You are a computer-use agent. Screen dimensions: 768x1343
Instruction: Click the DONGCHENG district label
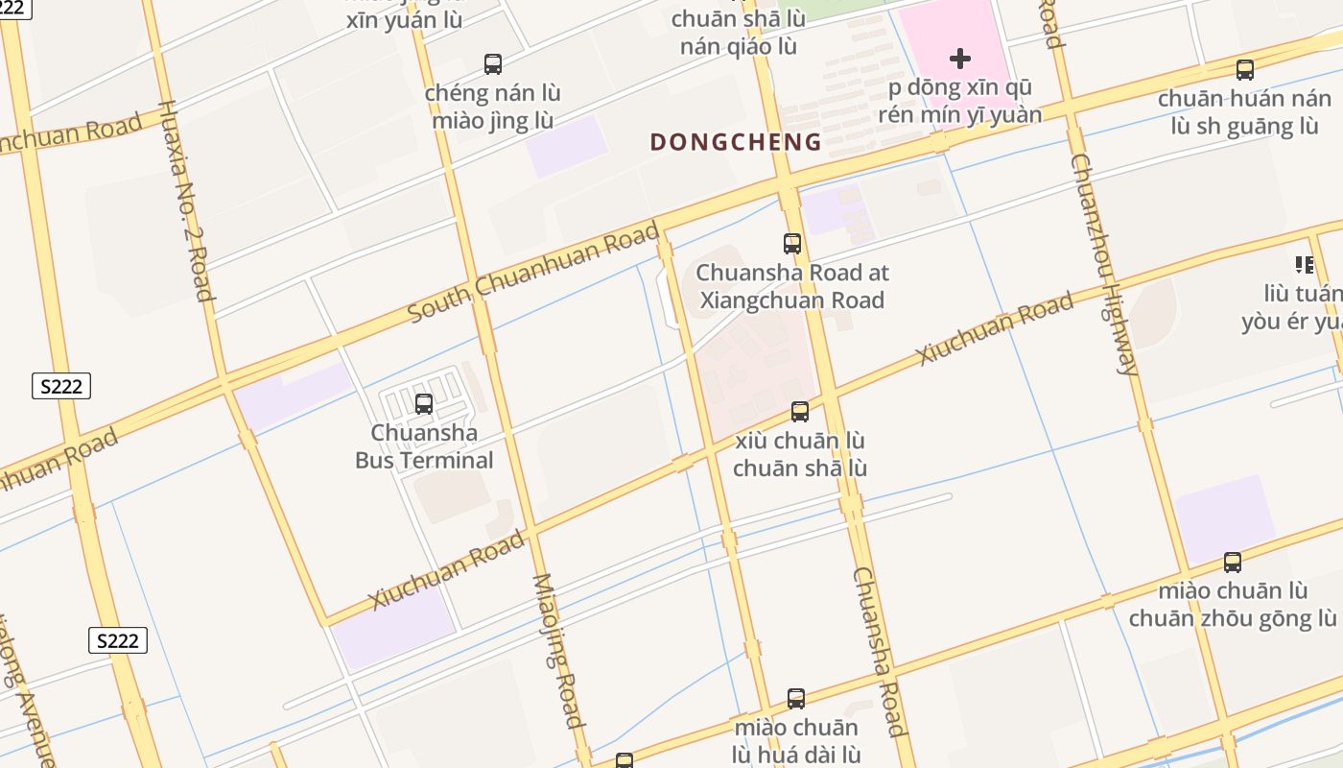736,142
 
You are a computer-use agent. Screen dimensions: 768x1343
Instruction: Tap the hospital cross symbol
959,60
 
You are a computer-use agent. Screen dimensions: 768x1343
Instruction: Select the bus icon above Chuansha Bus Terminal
424,404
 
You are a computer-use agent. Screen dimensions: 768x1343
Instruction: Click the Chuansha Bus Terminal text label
424,446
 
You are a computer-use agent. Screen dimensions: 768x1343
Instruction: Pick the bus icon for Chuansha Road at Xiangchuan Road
792,244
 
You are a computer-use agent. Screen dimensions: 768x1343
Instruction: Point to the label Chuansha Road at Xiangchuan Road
793,286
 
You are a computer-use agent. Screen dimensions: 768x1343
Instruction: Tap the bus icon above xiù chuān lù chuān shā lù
799,412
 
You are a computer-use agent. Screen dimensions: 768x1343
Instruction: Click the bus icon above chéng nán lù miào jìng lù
493,64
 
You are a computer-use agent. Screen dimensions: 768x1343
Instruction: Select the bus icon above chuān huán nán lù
1245,70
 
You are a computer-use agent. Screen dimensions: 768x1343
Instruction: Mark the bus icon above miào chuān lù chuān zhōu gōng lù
1233,563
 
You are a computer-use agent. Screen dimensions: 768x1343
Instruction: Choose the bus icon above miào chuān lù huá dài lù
796,699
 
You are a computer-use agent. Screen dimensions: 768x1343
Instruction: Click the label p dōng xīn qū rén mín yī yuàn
959,102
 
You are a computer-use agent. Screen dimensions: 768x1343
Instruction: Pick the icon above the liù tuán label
1304,264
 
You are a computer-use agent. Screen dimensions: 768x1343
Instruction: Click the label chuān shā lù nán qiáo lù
738,33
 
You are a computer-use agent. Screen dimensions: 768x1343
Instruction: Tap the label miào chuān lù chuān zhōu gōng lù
1233,604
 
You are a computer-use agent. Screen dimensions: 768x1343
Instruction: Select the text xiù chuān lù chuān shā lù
800,454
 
